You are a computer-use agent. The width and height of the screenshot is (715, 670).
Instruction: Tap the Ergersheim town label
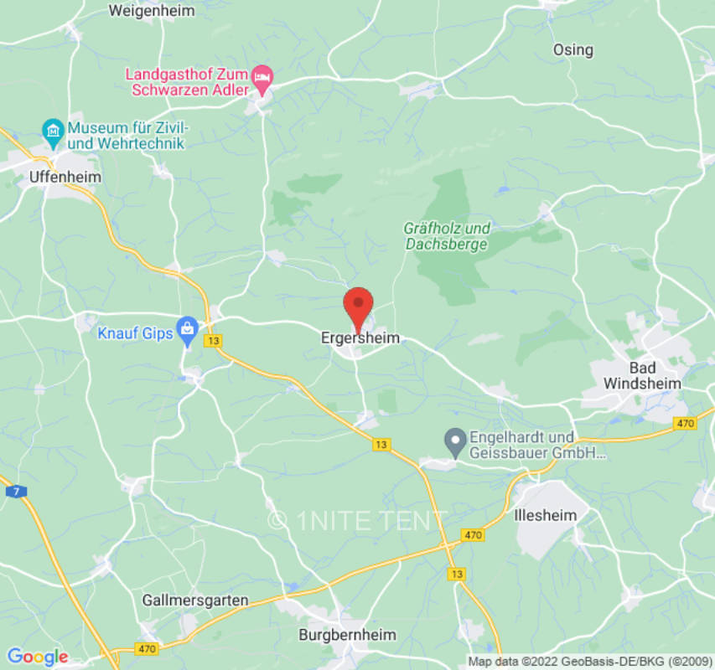tap(360, 338)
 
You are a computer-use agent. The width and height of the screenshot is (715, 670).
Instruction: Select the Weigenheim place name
tap(152, 11)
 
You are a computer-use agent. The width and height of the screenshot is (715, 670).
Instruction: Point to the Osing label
tap(573, 50)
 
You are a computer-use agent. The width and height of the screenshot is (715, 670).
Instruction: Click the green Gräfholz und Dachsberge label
tap(447, 236)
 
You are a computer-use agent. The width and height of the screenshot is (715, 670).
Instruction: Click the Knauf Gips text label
tap(135, 333)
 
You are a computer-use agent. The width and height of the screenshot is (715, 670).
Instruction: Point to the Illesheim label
tap(545, 516)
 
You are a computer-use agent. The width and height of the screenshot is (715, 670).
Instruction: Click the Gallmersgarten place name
tap(195, 600)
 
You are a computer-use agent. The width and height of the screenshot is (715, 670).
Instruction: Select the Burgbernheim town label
tap(347, 635)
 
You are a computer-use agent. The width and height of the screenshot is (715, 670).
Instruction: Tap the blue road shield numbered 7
tap(14, 491)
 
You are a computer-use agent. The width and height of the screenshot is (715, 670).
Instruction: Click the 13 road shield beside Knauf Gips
tap(215, 341)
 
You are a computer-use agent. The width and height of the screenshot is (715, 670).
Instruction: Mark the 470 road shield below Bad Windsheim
tap(686, 424)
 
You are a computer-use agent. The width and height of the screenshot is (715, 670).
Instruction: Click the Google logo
tap(37, 657)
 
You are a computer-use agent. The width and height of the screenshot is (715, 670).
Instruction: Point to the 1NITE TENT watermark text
tap(358, 521)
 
